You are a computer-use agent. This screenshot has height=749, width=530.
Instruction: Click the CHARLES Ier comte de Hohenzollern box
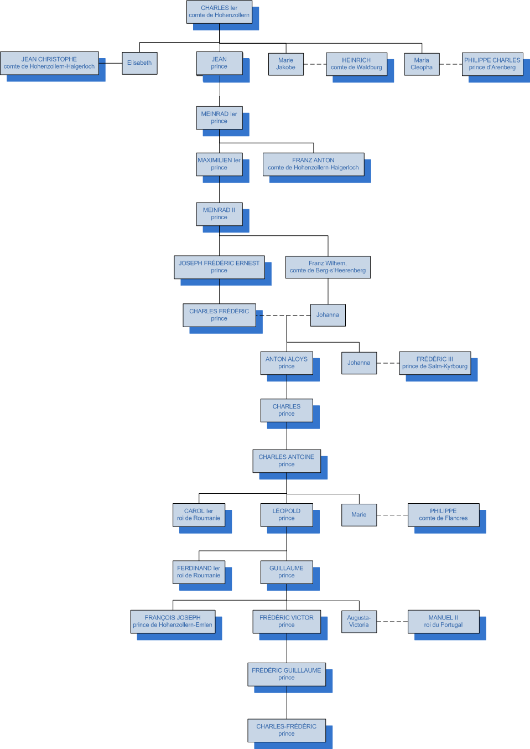click(219, 12)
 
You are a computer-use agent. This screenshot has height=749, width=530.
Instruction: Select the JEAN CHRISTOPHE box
click(49, 63)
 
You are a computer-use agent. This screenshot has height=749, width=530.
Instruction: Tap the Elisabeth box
click(139, 63)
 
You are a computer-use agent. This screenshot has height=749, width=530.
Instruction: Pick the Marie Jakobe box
click(285, 64)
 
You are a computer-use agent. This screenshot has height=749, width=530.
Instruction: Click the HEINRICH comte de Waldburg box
click(356, 64)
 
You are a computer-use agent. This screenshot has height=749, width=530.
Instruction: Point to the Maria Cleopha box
click(422, 64)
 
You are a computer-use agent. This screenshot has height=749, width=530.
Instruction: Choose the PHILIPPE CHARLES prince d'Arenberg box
click(492, 64)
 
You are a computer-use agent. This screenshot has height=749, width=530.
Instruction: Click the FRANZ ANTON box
click(313, 164)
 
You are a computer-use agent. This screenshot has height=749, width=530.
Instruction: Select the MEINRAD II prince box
click(219, 214)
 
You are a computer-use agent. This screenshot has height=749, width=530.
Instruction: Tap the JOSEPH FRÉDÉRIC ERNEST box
click(219, 267)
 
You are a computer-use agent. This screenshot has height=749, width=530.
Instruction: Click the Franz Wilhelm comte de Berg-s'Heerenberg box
click(328, 267)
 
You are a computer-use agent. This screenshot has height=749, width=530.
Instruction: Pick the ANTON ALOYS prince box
click(287, 363)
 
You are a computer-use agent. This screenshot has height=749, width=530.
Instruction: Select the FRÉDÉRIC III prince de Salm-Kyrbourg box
click(435, 363)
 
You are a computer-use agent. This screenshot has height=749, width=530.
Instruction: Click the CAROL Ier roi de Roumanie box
click(199, 515)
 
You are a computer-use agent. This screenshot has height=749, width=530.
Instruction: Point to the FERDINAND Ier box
click(199, 572)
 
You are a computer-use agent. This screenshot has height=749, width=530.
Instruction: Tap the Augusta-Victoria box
click(358, 621)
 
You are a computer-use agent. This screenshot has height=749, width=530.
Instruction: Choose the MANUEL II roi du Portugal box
click(443, 621)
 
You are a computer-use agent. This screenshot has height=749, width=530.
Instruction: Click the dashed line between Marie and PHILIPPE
click(392, 515)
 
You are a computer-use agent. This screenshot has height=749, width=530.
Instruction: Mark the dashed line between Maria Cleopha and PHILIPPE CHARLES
click(451, 64)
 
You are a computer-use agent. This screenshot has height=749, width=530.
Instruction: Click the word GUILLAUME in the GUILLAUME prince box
click(287, 569)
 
